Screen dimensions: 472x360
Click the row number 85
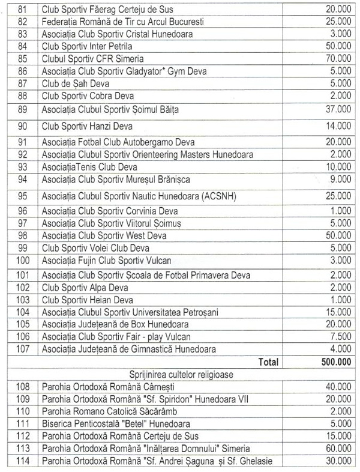click(23, 59)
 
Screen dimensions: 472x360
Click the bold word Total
click(268, 362)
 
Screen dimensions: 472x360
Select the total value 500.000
click(333, 362)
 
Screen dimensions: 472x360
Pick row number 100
click(23, 261)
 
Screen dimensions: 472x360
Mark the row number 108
click(23, 387)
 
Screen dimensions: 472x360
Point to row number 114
click(23, 461)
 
